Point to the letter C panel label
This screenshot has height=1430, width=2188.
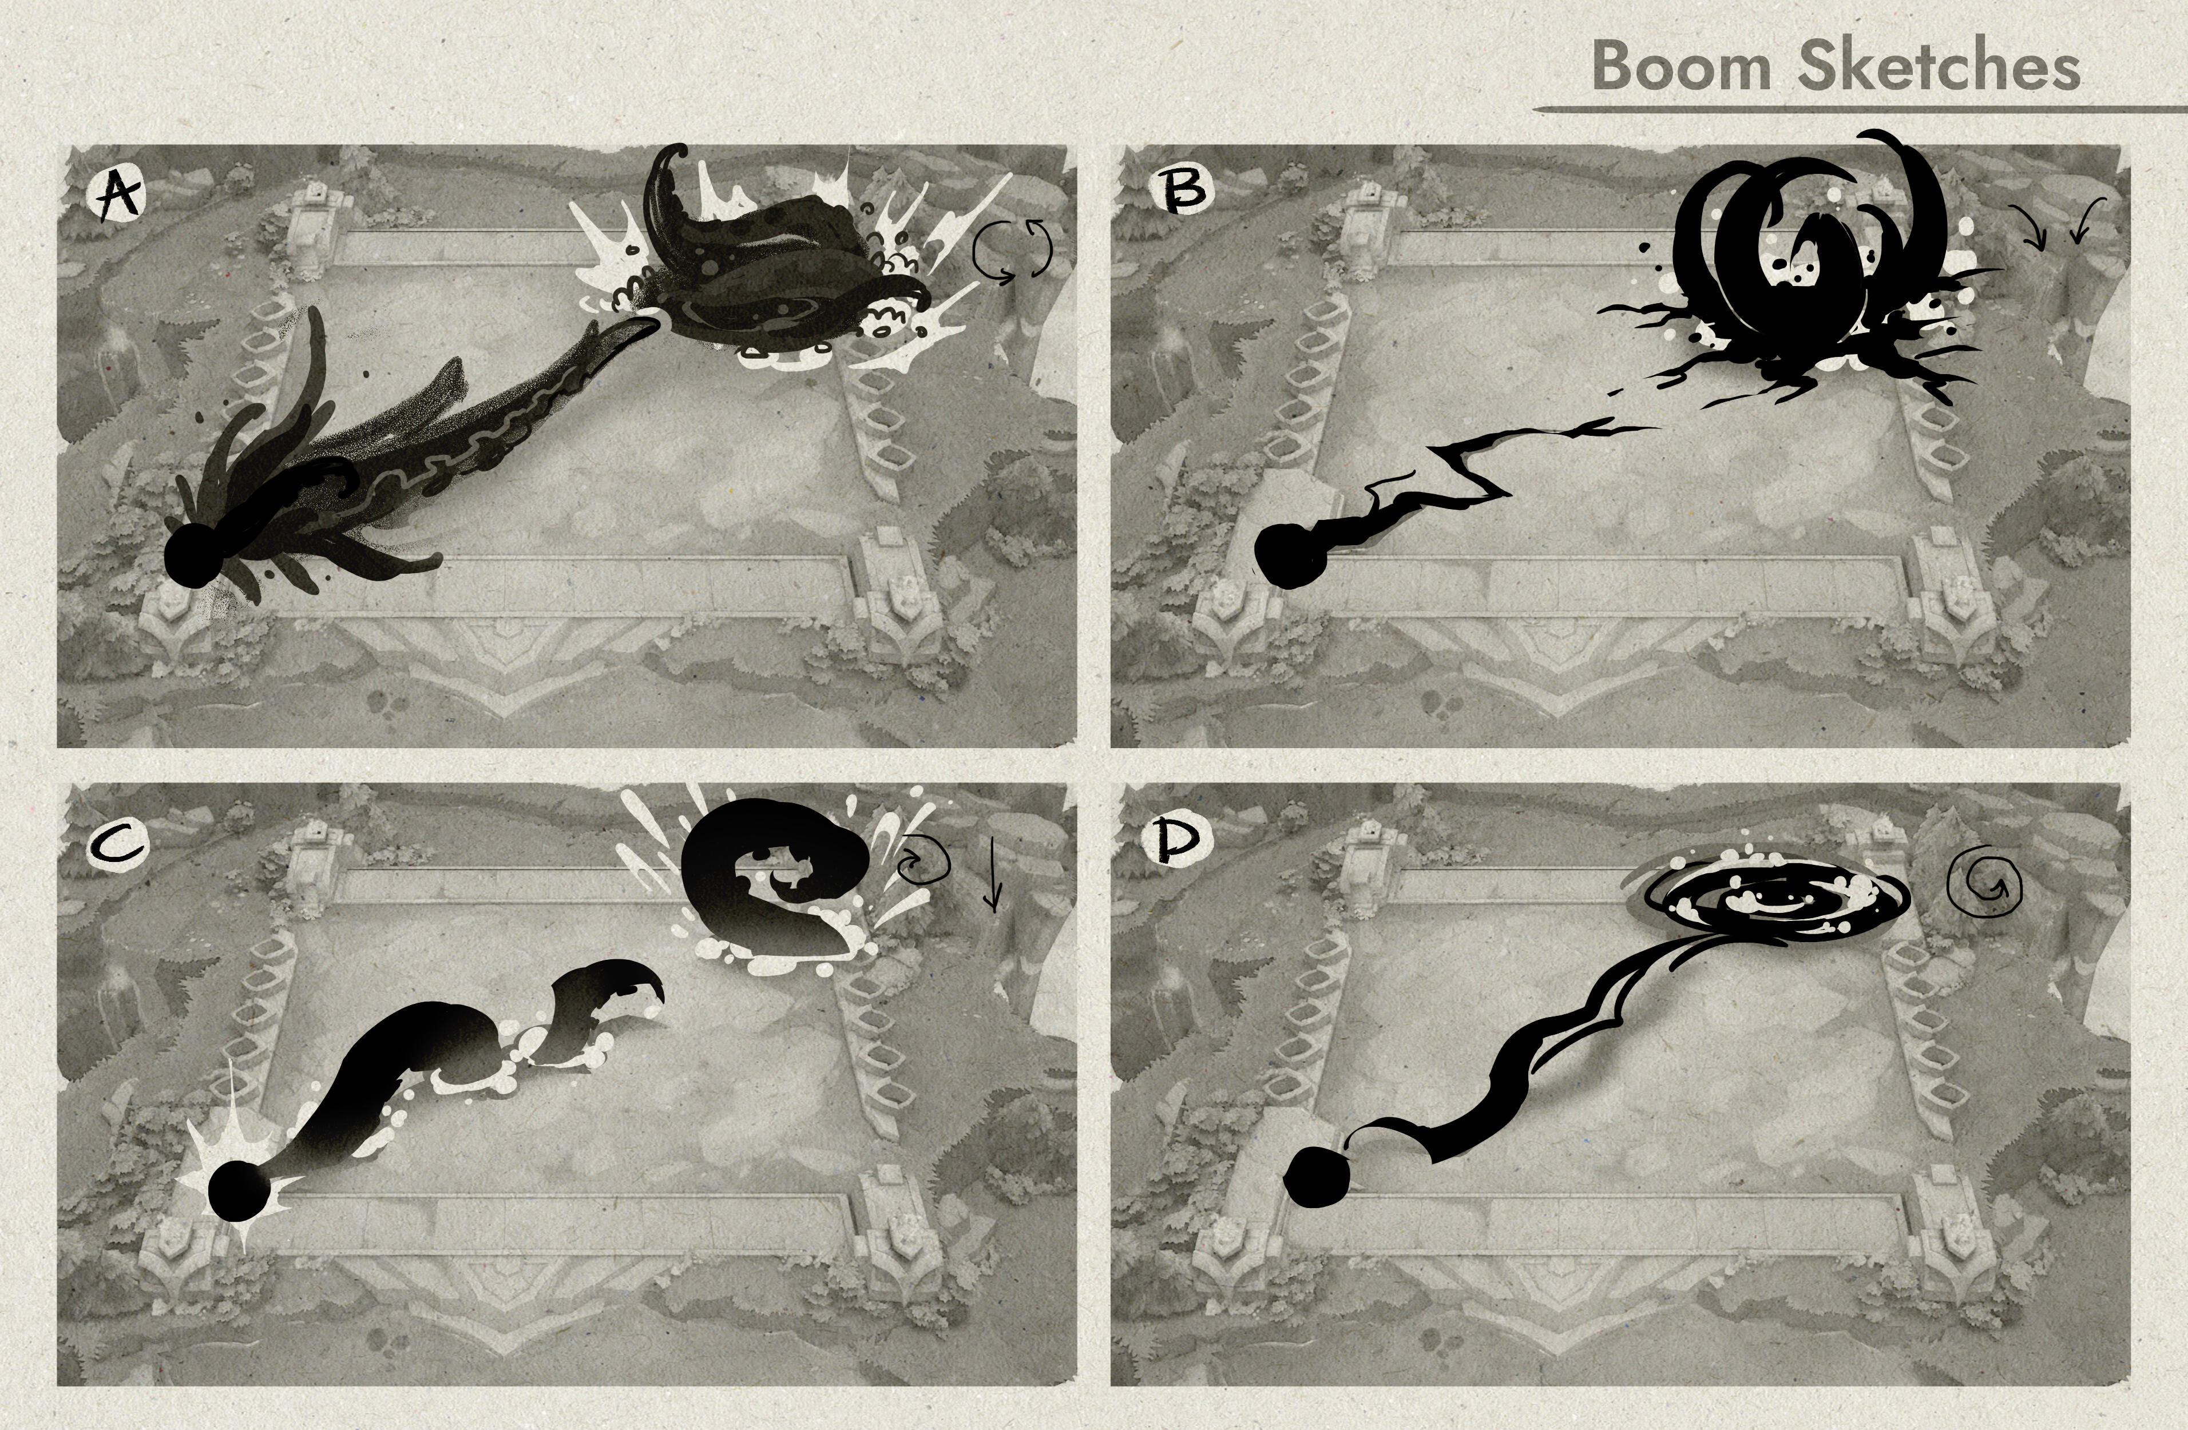(x=117, y=845)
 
